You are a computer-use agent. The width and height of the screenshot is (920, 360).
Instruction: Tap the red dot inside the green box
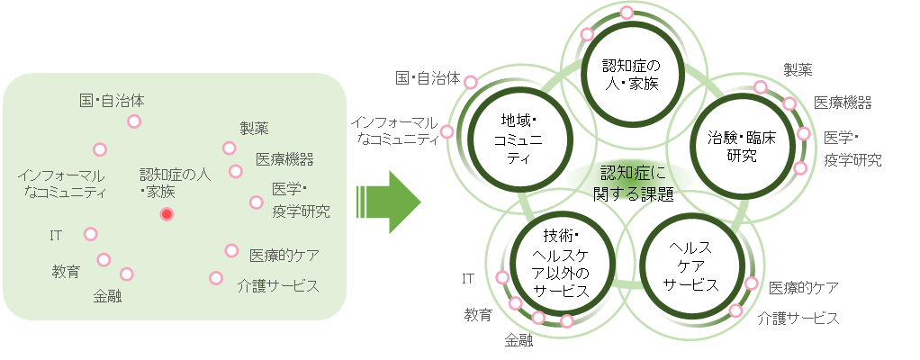pyautogui.click(x=167, y=213)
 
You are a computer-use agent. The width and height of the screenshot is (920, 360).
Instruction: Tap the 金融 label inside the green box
pyautogui.click(x=107, y=294)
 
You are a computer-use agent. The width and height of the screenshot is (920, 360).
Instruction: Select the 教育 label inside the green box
pyautogui.click(x=66, y=270)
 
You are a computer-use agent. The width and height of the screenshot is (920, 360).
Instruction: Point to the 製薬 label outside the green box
pyautogui.click(x=798, y=69)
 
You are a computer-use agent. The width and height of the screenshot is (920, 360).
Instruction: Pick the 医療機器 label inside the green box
pyautogui.click(x=284, y=159)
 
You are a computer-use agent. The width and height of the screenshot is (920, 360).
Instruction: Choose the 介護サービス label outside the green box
pyautogui.click(x=798, y=318)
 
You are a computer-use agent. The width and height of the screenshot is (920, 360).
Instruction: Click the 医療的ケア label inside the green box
pyautogui.click(x=284, y=255)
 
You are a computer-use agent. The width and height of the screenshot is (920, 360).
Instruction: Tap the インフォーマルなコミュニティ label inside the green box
pyautogui.click(x=61, y=183)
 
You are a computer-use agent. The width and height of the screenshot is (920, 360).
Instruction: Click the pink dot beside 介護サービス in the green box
pyautogui.click(x=216, y=278)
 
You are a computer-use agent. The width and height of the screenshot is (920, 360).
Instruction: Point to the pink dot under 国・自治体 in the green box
pyautogui.click(x=134, y=121)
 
